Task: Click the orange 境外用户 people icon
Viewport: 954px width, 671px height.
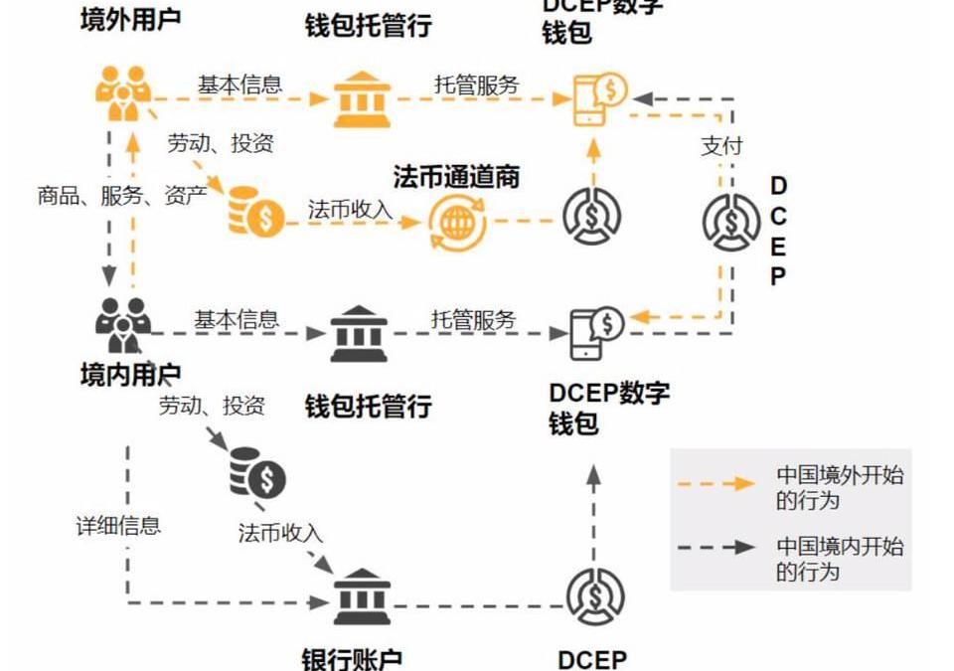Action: (x=123, y=91)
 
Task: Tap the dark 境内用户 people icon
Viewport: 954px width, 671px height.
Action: (x=123, y=325)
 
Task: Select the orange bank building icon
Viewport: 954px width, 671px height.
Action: (x=360, y=98)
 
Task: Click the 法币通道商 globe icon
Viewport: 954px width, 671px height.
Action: (x=457, y=221)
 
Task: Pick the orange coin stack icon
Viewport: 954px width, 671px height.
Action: (x=255, y=210)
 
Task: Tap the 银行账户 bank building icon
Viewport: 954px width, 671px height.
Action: (x=360, y=596)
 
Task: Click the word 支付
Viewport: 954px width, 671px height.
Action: (x=721, y=145)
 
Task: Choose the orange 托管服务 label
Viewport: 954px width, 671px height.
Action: (x=476, y=84)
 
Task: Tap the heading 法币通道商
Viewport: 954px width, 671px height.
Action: (x=456, y=178)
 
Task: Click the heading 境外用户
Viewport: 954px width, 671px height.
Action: (x=130, y=19)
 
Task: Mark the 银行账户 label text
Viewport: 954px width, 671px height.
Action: (x=353, y=659)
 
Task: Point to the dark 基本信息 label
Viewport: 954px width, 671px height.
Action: (x=237, y=320)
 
